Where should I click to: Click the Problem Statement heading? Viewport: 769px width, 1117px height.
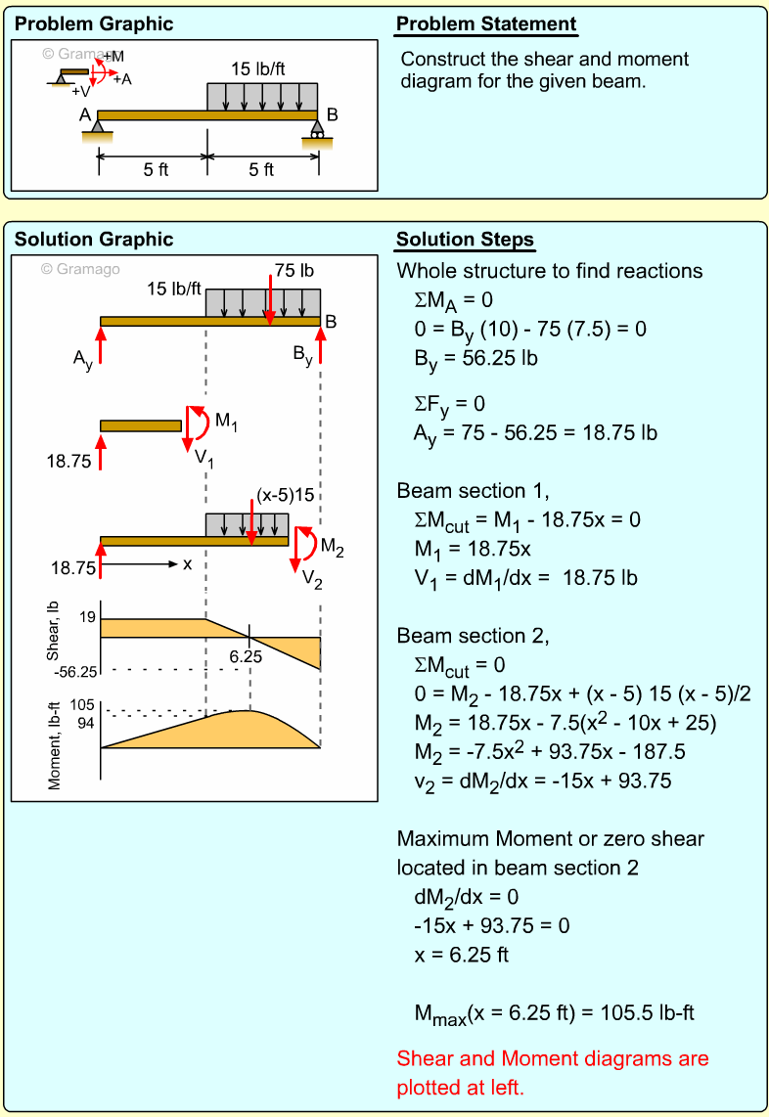coord(486,24)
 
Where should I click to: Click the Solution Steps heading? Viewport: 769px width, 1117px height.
coord(465,240)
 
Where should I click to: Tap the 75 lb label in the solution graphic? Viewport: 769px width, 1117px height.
coord(294,270)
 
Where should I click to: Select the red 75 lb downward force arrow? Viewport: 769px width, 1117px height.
coord(270,298)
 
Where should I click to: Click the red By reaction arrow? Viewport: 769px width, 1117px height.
coord(320,346)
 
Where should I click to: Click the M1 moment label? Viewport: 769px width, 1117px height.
coord(226,422)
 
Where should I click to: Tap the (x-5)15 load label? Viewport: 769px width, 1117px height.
coord(285,495)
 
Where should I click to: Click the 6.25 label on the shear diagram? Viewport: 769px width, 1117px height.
coord(246,657)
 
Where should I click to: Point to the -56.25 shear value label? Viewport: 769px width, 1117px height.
coord(73,671)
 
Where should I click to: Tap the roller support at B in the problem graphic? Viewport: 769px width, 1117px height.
coord(316,130)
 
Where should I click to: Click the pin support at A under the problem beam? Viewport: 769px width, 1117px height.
coord(98,128)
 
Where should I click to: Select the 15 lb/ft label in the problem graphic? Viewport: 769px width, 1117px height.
coord(259,69)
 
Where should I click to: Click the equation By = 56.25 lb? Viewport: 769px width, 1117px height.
coord(475,358)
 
